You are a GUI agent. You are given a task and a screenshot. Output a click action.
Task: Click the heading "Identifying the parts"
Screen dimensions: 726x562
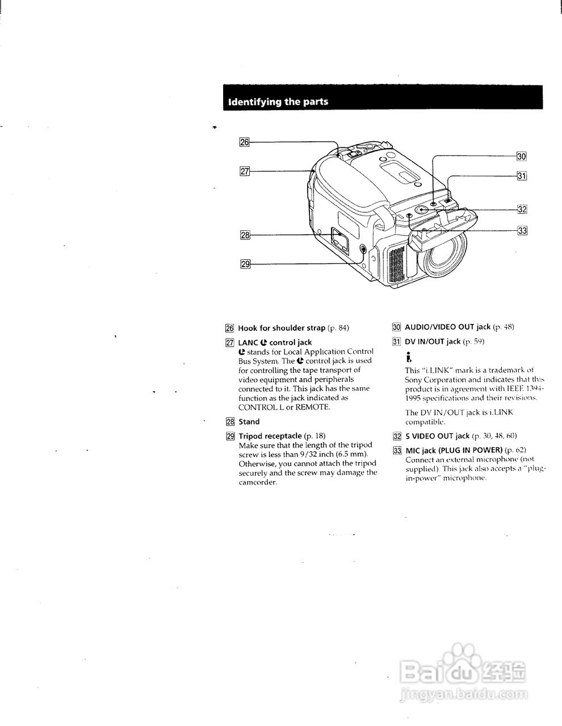coord(278,102)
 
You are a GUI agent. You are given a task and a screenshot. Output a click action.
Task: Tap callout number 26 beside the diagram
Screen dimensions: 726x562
coord(244,142)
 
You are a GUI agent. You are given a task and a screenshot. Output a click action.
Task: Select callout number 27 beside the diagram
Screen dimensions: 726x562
coord(245,171)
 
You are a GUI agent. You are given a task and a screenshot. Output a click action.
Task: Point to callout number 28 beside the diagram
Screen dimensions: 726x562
coord(245,235)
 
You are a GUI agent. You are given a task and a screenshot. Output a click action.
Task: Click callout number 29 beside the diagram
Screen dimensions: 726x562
coord(245,263)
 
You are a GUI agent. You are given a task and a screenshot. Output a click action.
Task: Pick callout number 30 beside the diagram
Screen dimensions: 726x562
coord(522,156)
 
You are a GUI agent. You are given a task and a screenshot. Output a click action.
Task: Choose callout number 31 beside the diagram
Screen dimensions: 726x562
coord(522,176)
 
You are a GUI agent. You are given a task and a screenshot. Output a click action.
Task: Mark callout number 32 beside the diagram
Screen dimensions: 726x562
coord(522,209)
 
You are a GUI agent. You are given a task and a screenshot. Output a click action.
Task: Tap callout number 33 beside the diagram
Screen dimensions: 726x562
coord(522,230)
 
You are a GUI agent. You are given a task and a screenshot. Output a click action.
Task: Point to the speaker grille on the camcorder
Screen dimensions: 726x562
coord(396,264)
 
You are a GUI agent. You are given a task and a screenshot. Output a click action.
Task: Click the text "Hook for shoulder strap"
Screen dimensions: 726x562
coord(282,328)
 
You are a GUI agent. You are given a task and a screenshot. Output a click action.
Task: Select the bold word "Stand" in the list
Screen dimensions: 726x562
coord(249,421)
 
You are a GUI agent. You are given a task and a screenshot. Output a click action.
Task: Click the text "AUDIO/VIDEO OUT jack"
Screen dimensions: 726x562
coord(447,327)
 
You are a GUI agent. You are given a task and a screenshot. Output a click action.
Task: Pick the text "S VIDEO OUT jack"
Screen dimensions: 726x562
coord(437,436)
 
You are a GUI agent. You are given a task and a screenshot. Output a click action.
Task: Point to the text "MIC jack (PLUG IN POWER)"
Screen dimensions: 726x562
coord(454,450)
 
